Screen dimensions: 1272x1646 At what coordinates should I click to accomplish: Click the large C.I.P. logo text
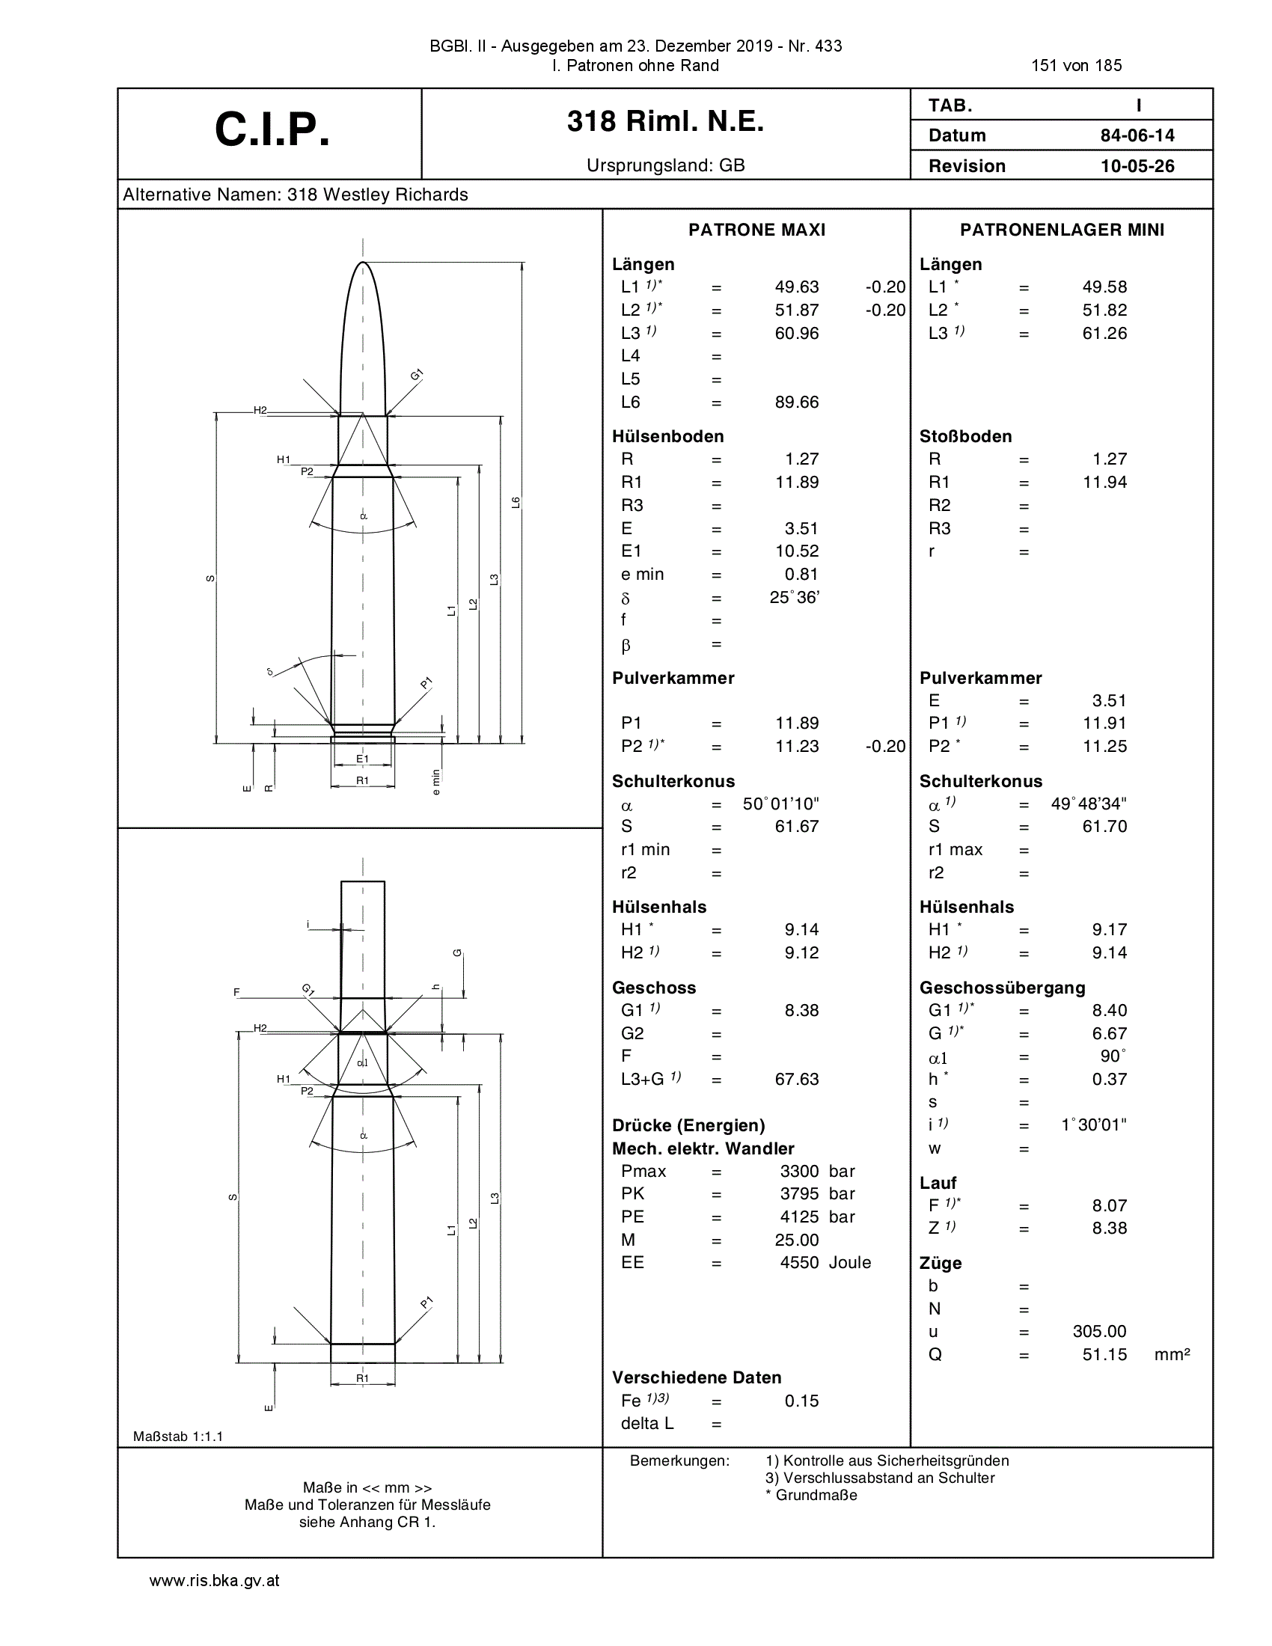click(272, 129)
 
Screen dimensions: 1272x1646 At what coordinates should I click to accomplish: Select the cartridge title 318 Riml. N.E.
click(665, 121)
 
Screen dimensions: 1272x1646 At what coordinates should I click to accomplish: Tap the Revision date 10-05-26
click(1137, 166)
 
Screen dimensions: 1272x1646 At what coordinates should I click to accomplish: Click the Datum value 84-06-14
click(1137, 135)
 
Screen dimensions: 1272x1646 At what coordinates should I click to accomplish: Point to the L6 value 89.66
click(797, 403)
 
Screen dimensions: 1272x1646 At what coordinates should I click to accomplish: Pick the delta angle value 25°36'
click(794, 598)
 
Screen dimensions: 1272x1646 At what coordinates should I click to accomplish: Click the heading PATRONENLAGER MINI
click(1062, 230)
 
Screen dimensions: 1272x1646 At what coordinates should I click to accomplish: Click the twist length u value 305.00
click(1099, 1331)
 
